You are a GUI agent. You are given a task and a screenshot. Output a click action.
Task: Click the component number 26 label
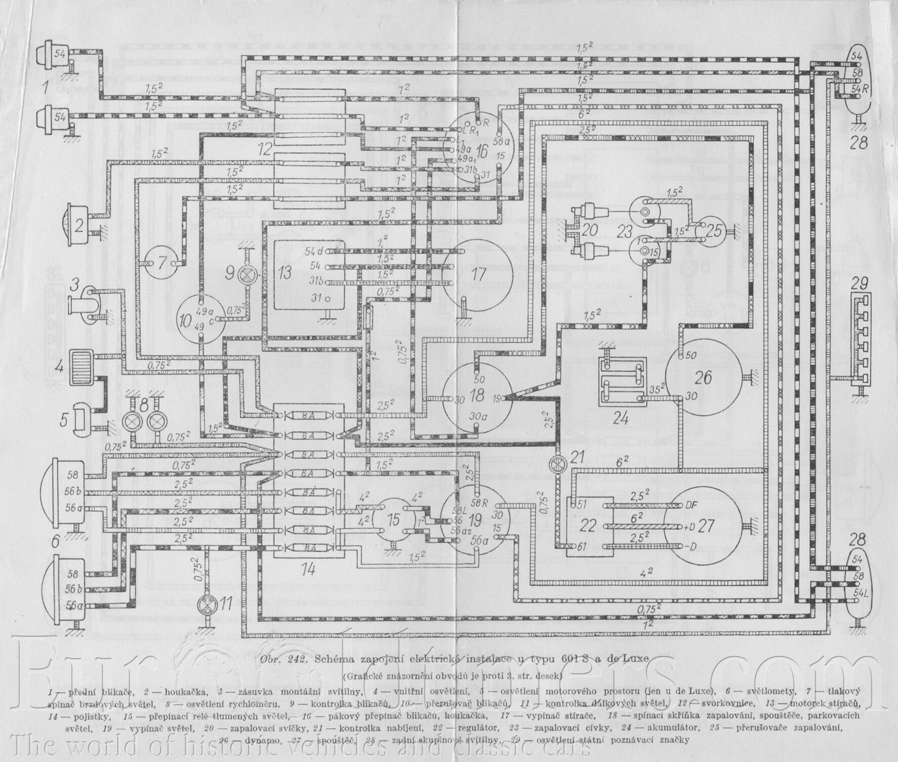pos(704,377)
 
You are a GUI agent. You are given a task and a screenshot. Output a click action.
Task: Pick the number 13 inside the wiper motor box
pos(285,273)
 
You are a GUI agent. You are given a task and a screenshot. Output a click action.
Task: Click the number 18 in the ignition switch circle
pos(477,396)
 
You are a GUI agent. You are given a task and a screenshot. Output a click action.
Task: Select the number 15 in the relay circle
pos(393,520)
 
